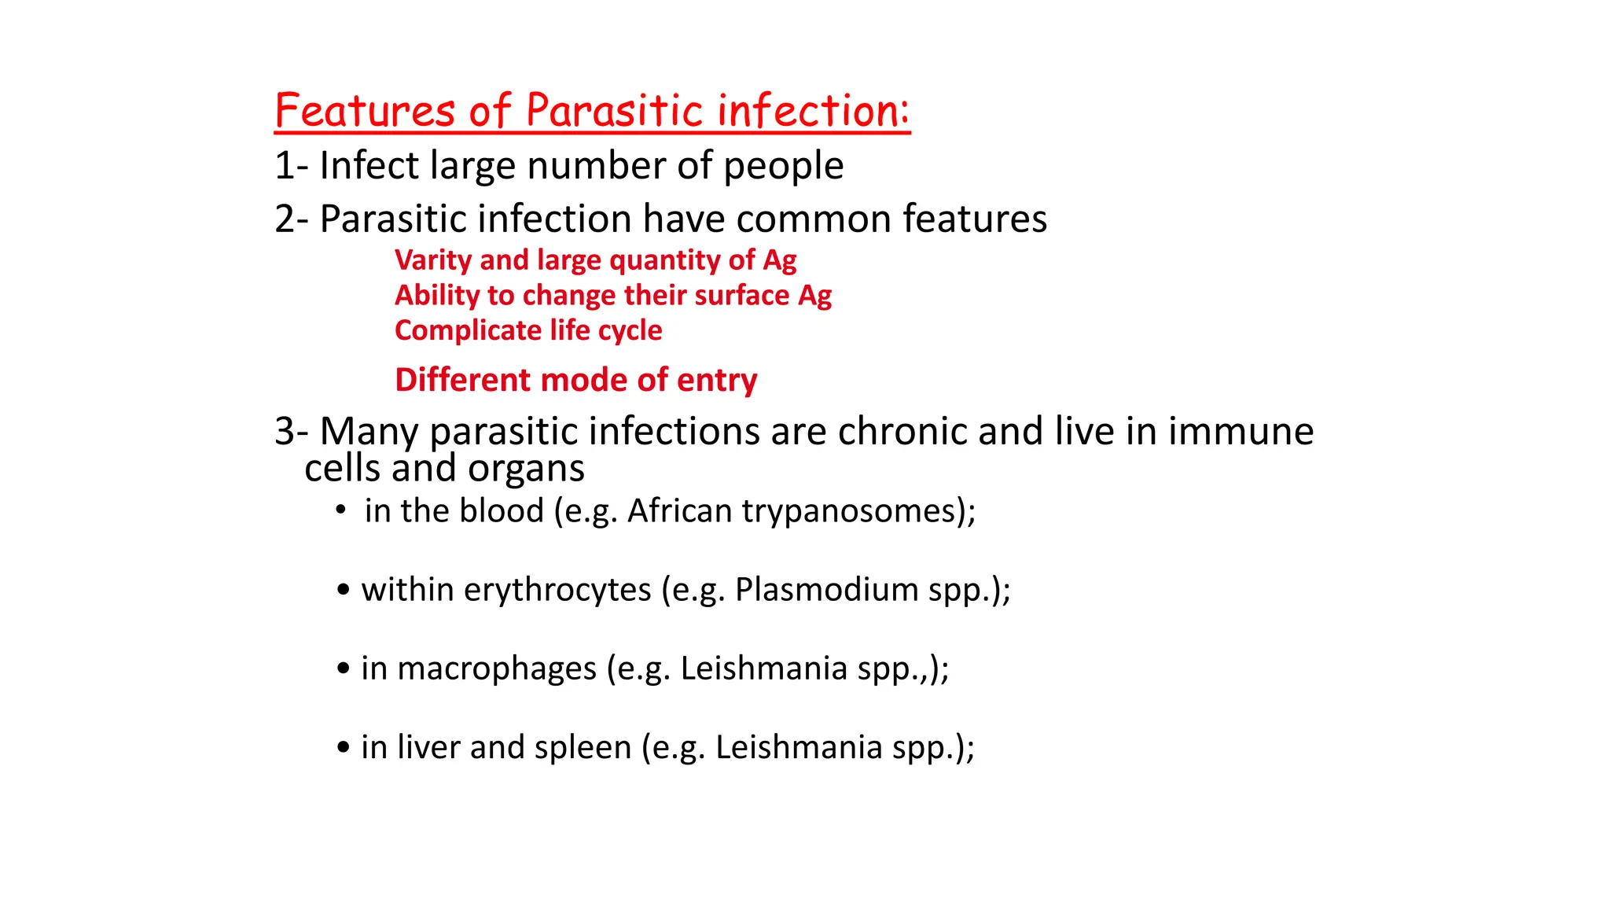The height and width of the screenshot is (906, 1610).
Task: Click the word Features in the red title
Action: pyautogui.click(x=365, y=111)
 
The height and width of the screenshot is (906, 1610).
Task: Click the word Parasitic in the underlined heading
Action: pyautogui.click(x=614, y=111)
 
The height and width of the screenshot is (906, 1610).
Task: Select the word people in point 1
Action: pyautogui.click(x=783, y=166)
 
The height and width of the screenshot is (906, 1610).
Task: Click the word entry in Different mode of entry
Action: pyautogui.click(x=716, y=380)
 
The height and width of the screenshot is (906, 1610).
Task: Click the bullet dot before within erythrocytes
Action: pyautogui.click(x=343, y=590)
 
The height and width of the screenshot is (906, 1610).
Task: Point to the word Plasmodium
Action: pyautogui.click(x=826, y=590)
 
